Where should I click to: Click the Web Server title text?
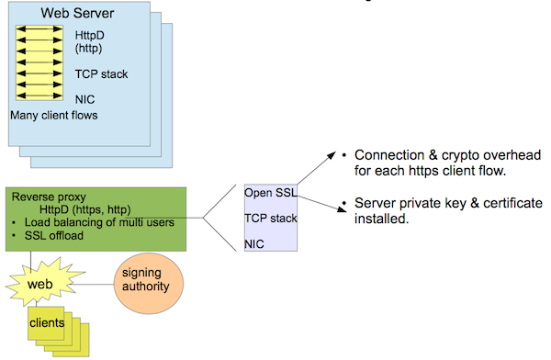tap(77, 14)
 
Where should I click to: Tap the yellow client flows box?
tap(39, 62)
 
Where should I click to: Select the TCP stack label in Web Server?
tap(101, 74)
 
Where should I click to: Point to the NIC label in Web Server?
tap(84, 99)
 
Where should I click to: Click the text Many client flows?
tap(54, 116)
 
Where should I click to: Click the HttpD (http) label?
tap(90, 41)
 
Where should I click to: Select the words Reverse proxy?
tap(49, 197)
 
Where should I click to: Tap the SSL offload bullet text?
tap(54, 235)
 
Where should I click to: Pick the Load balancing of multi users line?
tap(99, 222)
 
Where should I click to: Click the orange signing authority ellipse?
tap(149, 284)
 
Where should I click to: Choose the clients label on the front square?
tap(47, 322)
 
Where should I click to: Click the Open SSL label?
tap(271, 193)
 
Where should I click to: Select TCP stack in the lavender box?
tap(271, 219)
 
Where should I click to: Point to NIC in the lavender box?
tap(254, 244)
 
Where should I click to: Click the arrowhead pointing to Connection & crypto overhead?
tap(332, 156)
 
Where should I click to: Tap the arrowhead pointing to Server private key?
tap(342, 208)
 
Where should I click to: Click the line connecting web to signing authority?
tap(93, 284)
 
